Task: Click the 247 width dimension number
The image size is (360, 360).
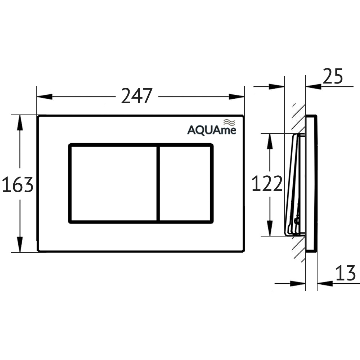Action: click(137, 96)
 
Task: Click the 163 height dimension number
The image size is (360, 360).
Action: click(18, 185)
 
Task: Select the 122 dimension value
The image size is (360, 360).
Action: click(267, 184)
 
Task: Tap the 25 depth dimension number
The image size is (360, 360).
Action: click(332, 77)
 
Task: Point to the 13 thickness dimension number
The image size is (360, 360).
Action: click(346, 274)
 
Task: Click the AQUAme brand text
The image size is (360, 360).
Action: click(212, 130)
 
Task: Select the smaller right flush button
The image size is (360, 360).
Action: click(185, 184)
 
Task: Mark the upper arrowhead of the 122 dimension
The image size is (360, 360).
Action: click(269, 141)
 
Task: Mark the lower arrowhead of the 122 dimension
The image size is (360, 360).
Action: click(269, 229)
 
